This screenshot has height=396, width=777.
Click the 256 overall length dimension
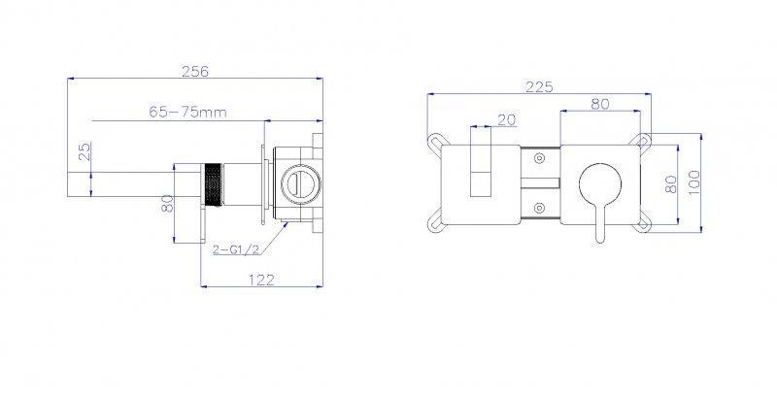195,71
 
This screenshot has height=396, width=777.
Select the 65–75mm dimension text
187,113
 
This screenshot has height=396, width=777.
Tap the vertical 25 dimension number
85,151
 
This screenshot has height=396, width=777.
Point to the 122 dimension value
261,280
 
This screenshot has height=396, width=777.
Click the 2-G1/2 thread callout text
236,249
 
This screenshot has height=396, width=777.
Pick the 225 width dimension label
539,87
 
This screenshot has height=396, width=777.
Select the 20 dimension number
506,119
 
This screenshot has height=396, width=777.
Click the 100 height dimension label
693,182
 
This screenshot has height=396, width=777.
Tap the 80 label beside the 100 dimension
670,184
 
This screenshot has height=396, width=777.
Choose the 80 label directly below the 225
600,104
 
